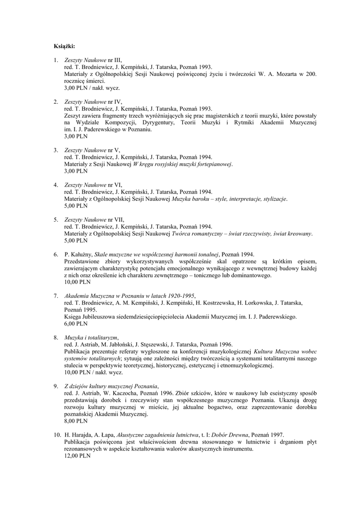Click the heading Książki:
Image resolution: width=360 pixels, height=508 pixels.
64,47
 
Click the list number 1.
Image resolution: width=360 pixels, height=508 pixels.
56,60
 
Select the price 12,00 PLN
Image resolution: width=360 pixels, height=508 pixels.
77,456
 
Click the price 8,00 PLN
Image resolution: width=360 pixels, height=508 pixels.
75,421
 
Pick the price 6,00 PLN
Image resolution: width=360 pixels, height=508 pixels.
75,323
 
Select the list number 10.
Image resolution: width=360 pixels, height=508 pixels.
57,435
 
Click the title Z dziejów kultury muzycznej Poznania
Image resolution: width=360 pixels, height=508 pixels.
111,386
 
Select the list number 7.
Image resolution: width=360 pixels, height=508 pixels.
56,296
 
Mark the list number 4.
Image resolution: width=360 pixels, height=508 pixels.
56,185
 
